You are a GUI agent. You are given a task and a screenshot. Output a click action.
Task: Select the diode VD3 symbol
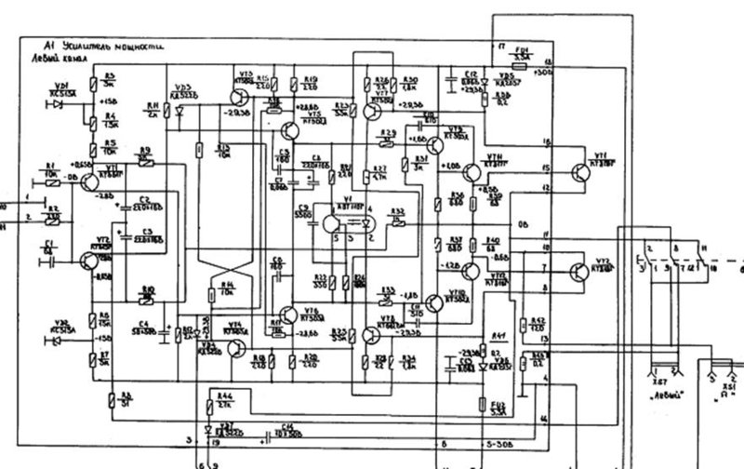tap(179, 113)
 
